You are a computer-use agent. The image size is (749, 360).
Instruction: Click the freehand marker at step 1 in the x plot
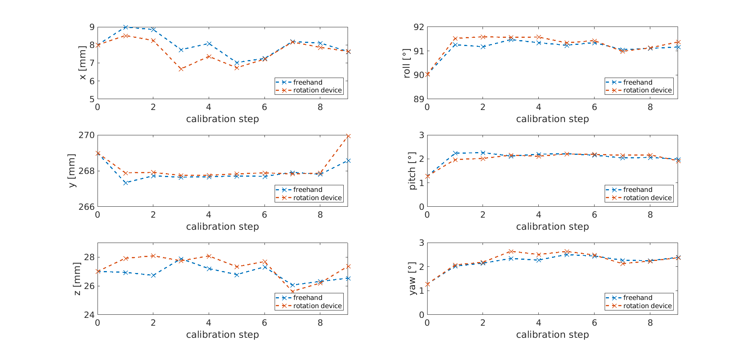tap(125, 27)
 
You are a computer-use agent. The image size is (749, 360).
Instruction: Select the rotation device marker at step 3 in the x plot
tap(181, 69)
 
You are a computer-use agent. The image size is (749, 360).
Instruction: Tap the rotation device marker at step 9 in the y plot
tap(348, 136)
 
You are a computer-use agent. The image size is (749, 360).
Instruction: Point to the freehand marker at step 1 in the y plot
tap(125, 183)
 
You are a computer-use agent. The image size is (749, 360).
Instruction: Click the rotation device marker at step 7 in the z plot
tap(293, 291)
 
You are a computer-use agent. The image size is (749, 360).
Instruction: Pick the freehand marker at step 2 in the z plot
tap(153, 275)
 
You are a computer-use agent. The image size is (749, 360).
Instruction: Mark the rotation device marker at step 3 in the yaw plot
tap(511, 252)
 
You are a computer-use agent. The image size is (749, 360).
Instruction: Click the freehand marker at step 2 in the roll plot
tap(483, 47)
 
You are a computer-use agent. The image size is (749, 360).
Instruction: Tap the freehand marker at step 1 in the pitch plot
tap(455, 153)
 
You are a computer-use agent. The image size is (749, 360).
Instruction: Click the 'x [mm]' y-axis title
tap(82, 63)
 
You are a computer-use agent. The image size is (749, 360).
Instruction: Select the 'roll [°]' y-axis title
tap(406, 63)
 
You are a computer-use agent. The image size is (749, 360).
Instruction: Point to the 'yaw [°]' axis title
tap(412, 278)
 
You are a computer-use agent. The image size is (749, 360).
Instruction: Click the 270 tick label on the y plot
tap(86, 135)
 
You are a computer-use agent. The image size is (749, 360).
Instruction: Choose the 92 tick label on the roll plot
tap(419, 27)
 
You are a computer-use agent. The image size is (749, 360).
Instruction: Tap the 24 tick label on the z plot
tap(89, 315)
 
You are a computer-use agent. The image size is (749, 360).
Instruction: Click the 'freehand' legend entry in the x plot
tap(307, 82)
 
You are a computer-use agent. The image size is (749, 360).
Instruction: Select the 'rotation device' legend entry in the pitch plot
tap(647, 198)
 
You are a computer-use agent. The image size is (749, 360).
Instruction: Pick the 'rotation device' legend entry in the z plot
tap(317, 306)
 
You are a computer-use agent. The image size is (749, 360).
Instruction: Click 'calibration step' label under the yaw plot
tap(552, 335)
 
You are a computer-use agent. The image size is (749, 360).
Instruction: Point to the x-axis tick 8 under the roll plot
tap(650, 107)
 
